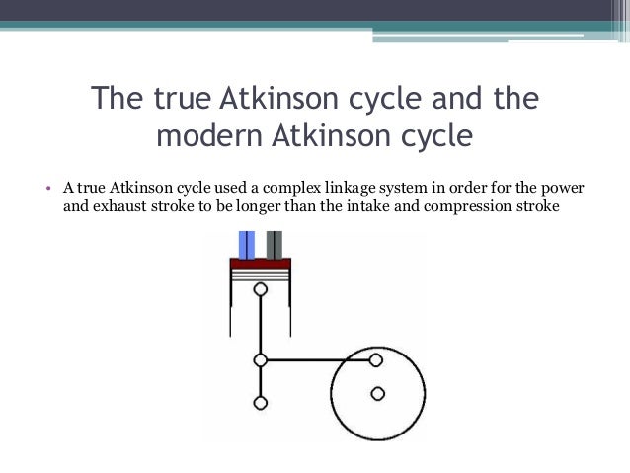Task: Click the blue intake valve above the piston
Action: (x=246, y=244)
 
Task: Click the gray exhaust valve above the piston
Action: (x=275, y=244)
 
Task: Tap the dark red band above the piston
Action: (x=261, y=264)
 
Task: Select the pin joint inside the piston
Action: (x=261, y=290)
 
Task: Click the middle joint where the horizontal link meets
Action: (x=261, y=360)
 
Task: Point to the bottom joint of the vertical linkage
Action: (x=261, y=402)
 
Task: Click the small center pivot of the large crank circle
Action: (x=376, y=394)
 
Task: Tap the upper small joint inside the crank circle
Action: (x=376, y=360)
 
